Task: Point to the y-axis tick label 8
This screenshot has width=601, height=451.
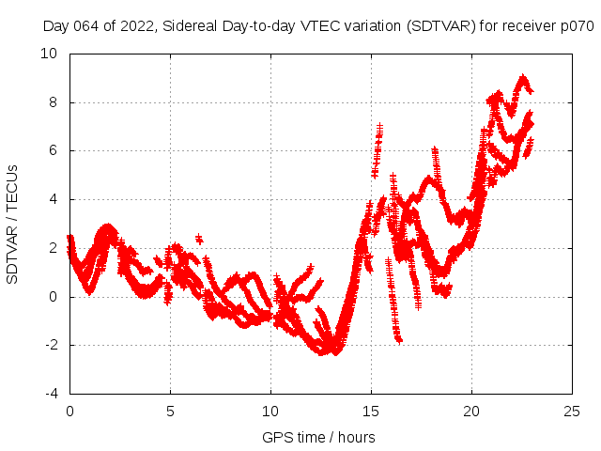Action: pyautogui.click(x=54, y=102)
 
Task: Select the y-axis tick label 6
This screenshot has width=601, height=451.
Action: pyautogui.click(x=54, y=151)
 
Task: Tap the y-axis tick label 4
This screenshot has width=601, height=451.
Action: pyautogui.click(x=54, y=200)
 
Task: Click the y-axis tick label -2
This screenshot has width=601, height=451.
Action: pyautogui.click(x=51, y=346)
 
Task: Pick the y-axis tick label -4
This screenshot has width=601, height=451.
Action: pyautogui.click(x=51, y=394)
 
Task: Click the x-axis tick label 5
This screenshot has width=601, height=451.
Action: pyautogui.click(x=170, y=412)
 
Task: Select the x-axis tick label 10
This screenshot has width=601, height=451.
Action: pyautogui.click(x=270, y=412)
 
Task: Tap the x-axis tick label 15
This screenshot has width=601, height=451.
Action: pyautogui.click(x=371, y=412)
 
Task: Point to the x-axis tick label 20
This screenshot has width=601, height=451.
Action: pyautogui.click(x=471, y=412)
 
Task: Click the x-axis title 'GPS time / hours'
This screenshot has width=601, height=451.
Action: pyautogui.click(x=318, y=437)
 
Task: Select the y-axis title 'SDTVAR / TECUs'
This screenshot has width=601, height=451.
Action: pyautogui.click(x=13, y=224)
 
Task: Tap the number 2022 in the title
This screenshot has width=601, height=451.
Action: pyautogui.click(x=131, y=25)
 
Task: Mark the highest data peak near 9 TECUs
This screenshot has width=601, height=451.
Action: pyautogui.click(x=523, y=78)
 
